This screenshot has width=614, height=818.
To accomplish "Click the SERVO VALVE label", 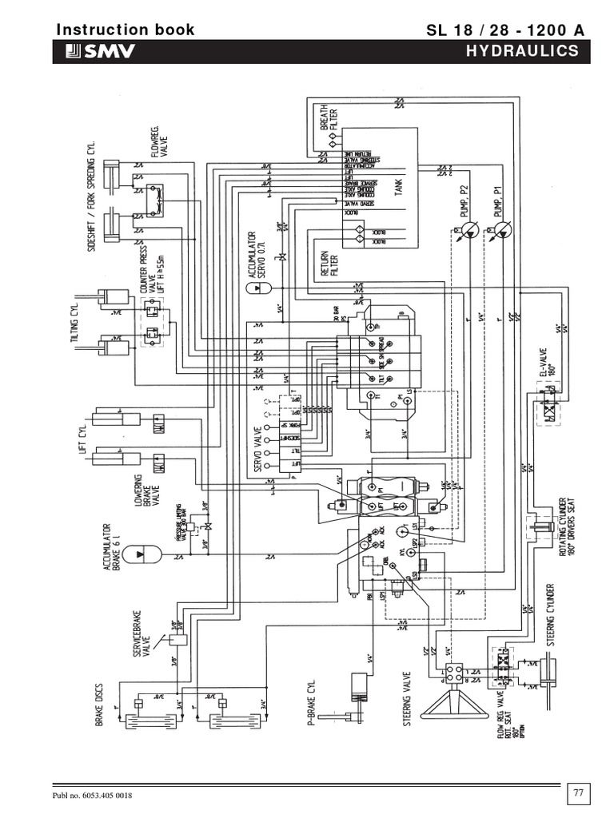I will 259,444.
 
